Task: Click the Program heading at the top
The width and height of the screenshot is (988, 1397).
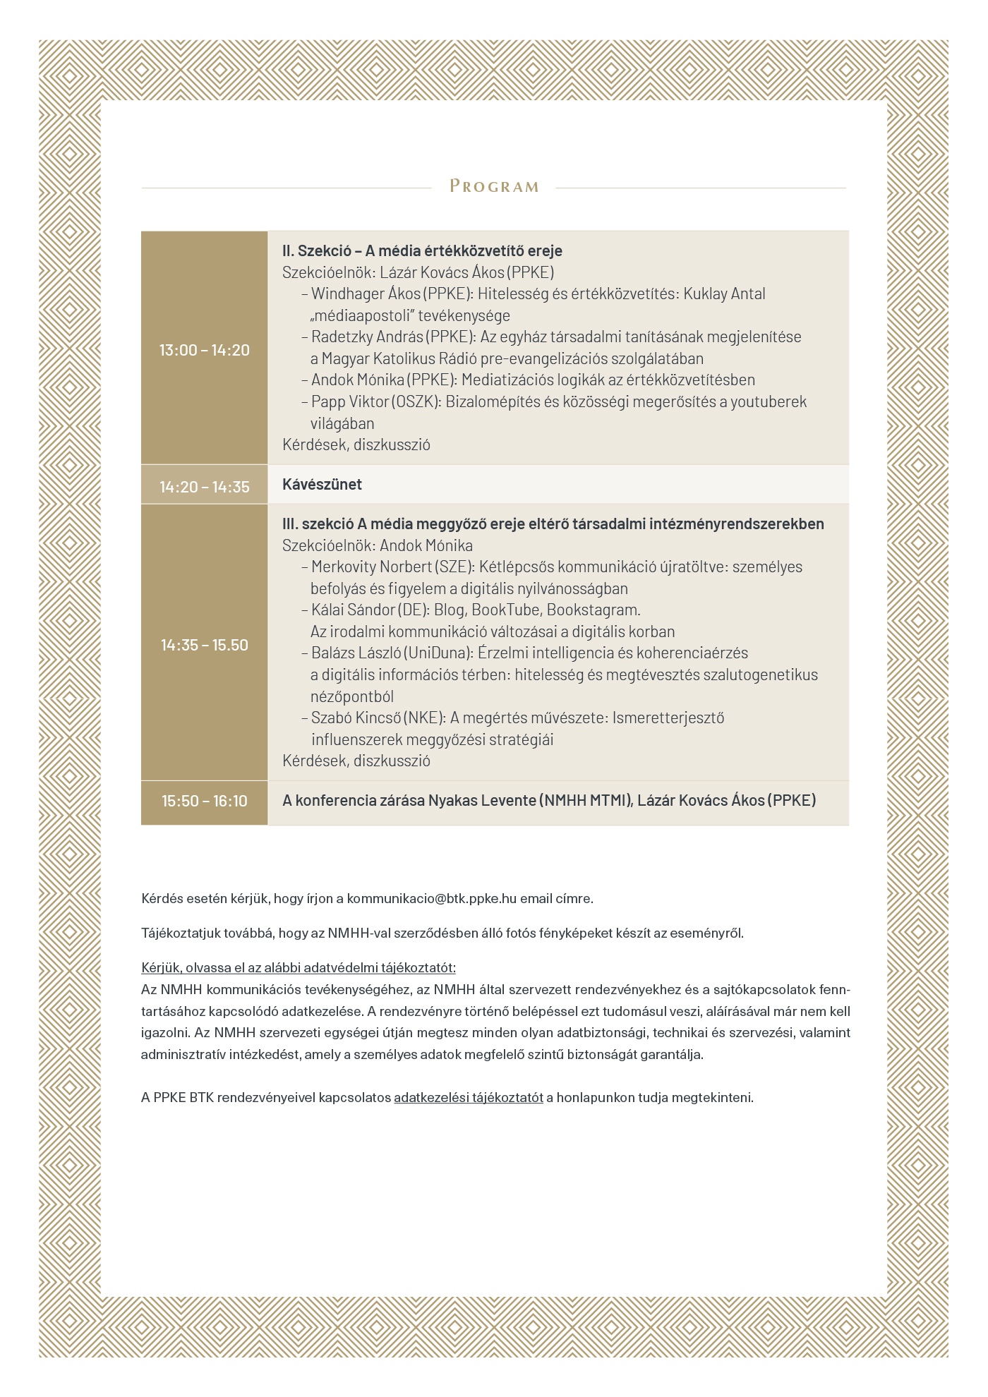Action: tap(494, 187)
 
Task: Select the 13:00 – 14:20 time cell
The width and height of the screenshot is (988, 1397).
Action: tap(204, 350)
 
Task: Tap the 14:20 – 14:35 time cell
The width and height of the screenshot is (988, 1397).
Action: tap(204, 486)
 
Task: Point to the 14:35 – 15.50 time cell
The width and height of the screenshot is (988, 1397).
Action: tap(204, 645)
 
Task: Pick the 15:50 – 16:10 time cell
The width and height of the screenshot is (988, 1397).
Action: tap(204, 801)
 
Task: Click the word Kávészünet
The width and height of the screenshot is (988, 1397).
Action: tap(322, 485)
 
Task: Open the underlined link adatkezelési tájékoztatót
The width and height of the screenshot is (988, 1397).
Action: tap(469, 1098)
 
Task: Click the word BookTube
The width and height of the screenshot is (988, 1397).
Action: tap(506, 610)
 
